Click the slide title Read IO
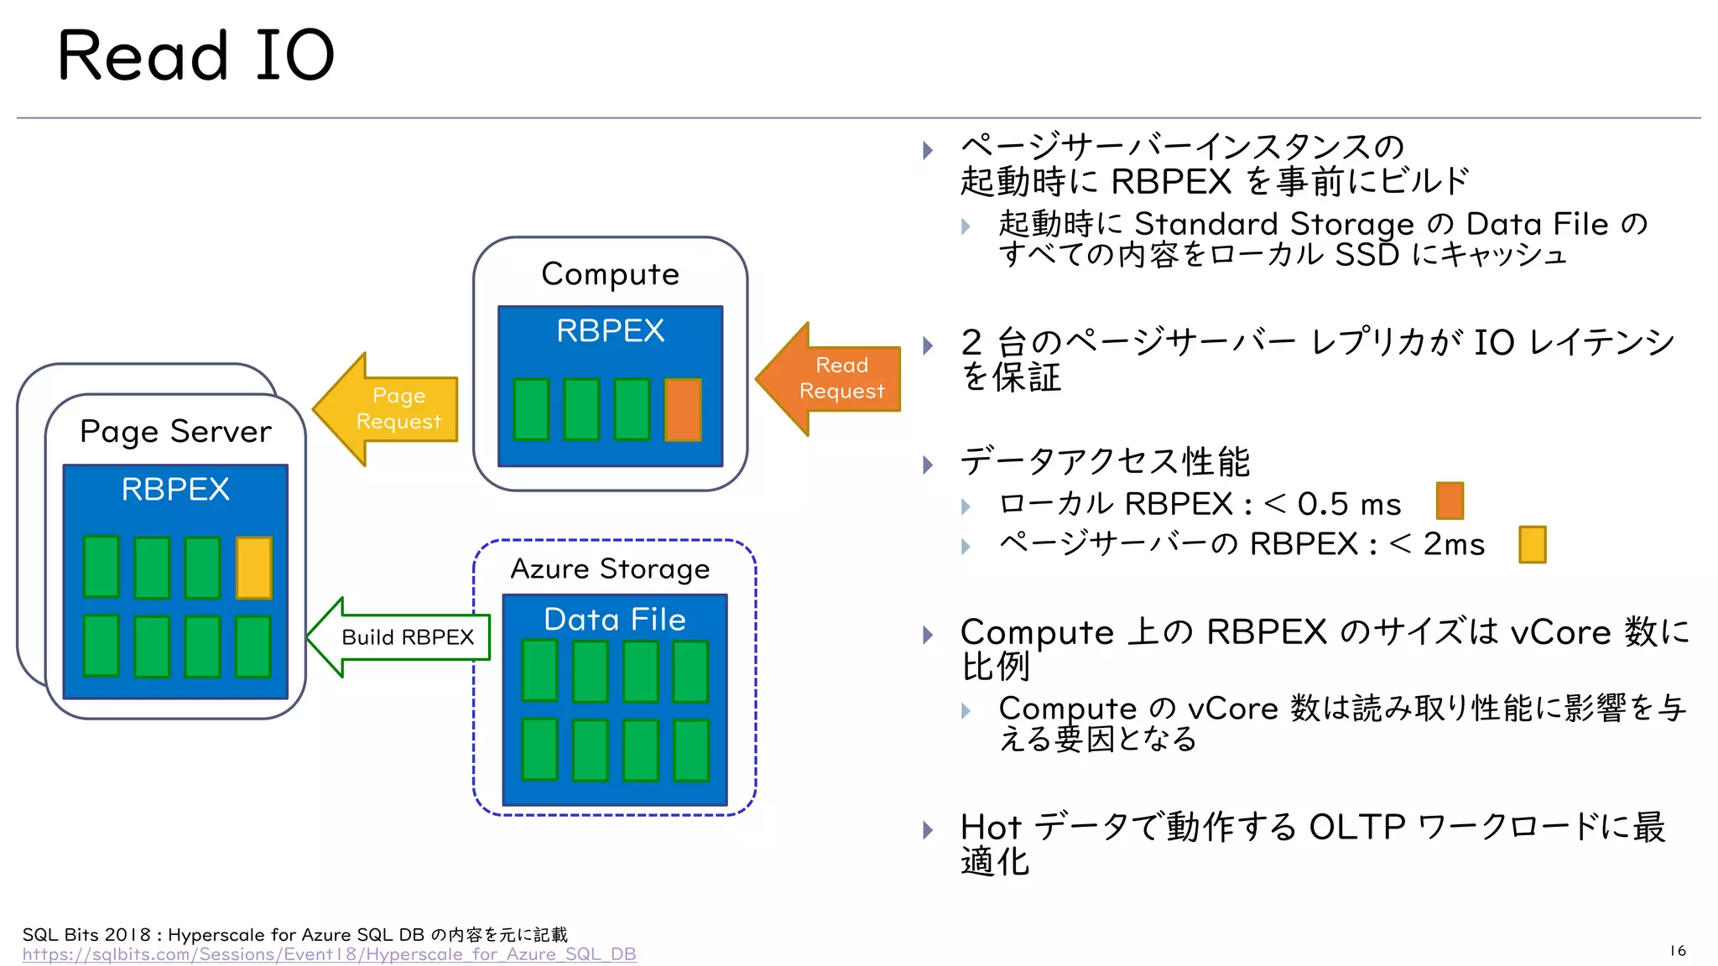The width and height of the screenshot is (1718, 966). tap(195, 55)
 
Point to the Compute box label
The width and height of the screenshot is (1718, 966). tap(610, 274)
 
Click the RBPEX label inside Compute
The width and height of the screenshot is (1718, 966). tap(610, 330)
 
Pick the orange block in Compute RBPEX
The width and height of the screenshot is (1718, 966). tap(683, 409)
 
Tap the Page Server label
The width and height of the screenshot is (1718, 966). tap(175, 431)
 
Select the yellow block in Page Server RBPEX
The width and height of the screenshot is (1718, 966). tap(253, 568)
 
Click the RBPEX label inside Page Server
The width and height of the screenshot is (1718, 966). tap(175, 489)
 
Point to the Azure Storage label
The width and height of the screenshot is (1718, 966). tap(610, 569)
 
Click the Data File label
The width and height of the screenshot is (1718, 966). tap(614, 620)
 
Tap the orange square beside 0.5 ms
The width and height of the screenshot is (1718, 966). tap(1450, 501)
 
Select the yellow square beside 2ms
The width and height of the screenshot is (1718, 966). tap(1532, 544)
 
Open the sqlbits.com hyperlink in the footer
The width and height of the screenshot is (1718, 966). tap(329, 954)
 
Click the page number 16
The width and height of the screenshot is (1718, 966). tap(1677, 950)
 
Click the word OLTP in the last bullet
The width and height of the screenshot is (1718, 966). tap(1356, 827)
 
